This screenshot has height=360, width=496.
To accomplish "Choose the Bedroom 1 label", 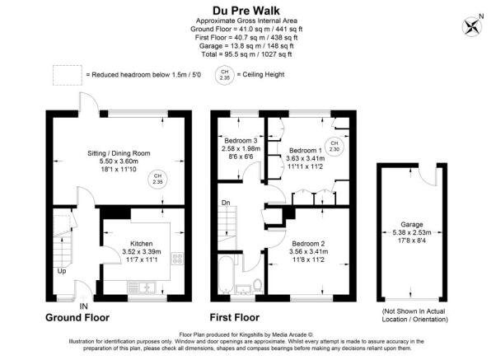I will click(x=306, y=151).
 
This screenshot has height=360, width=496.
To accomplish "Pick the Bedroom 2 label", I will click(x=309, y=245).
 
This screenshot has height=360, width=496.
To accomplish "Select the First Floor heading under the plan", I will click(x=235, y=317).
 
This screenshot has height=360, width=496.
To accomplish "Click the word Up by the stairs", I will click(x=62, y=270).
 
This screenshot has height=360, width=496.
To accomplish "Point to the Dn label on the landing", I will click(x=225, y=203).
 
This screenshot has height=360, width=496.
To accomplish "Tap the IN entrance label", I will click(x=83, y=306).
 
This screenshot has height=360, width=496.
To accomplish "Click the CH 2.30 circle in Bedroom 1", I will click(x=334, y=147).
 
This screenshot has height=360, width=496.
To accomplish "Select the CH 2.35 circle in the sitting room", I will click(x=157, y=179).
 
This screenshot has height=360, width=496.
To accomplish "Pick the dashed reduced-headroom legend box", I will click(x=67, y=74).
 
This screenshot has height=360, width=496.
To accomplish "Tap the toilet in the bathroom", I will click(x=258, y=285).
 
